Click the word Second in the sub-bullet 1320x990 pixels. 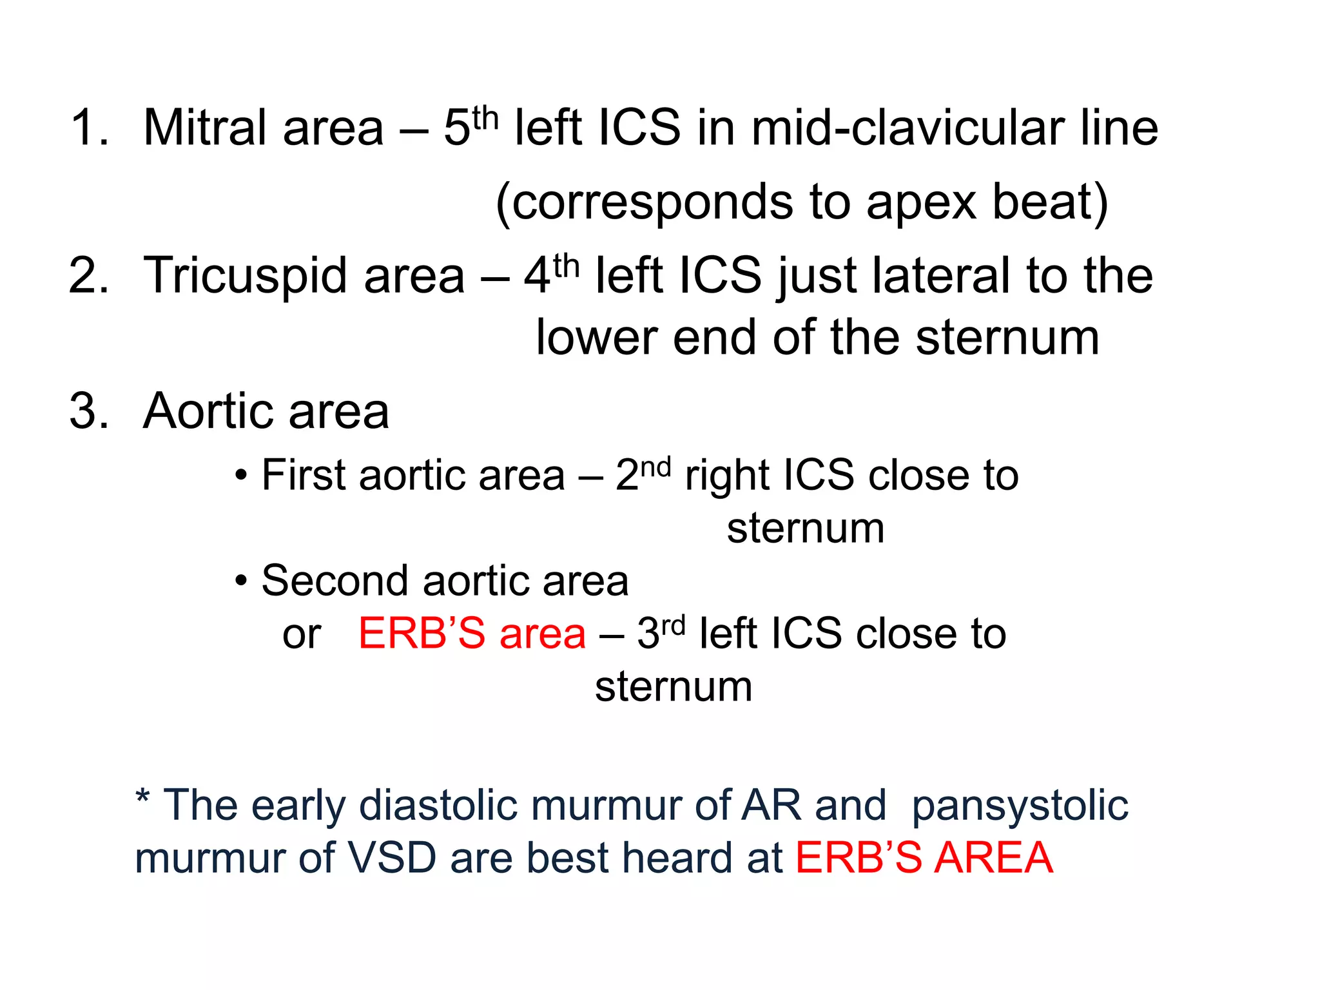(x=334, y=581)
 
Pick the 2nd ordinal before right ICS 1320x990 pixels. (x=642, y=474)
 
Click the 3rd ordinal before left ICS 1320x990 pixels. (x=661, y=632)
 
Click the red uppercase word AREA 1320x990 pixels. (x=993, y=859)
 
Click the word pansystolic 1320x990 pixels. (x=1020, y=806)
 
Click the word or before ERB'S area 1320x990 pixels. (x=302, y=635)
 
